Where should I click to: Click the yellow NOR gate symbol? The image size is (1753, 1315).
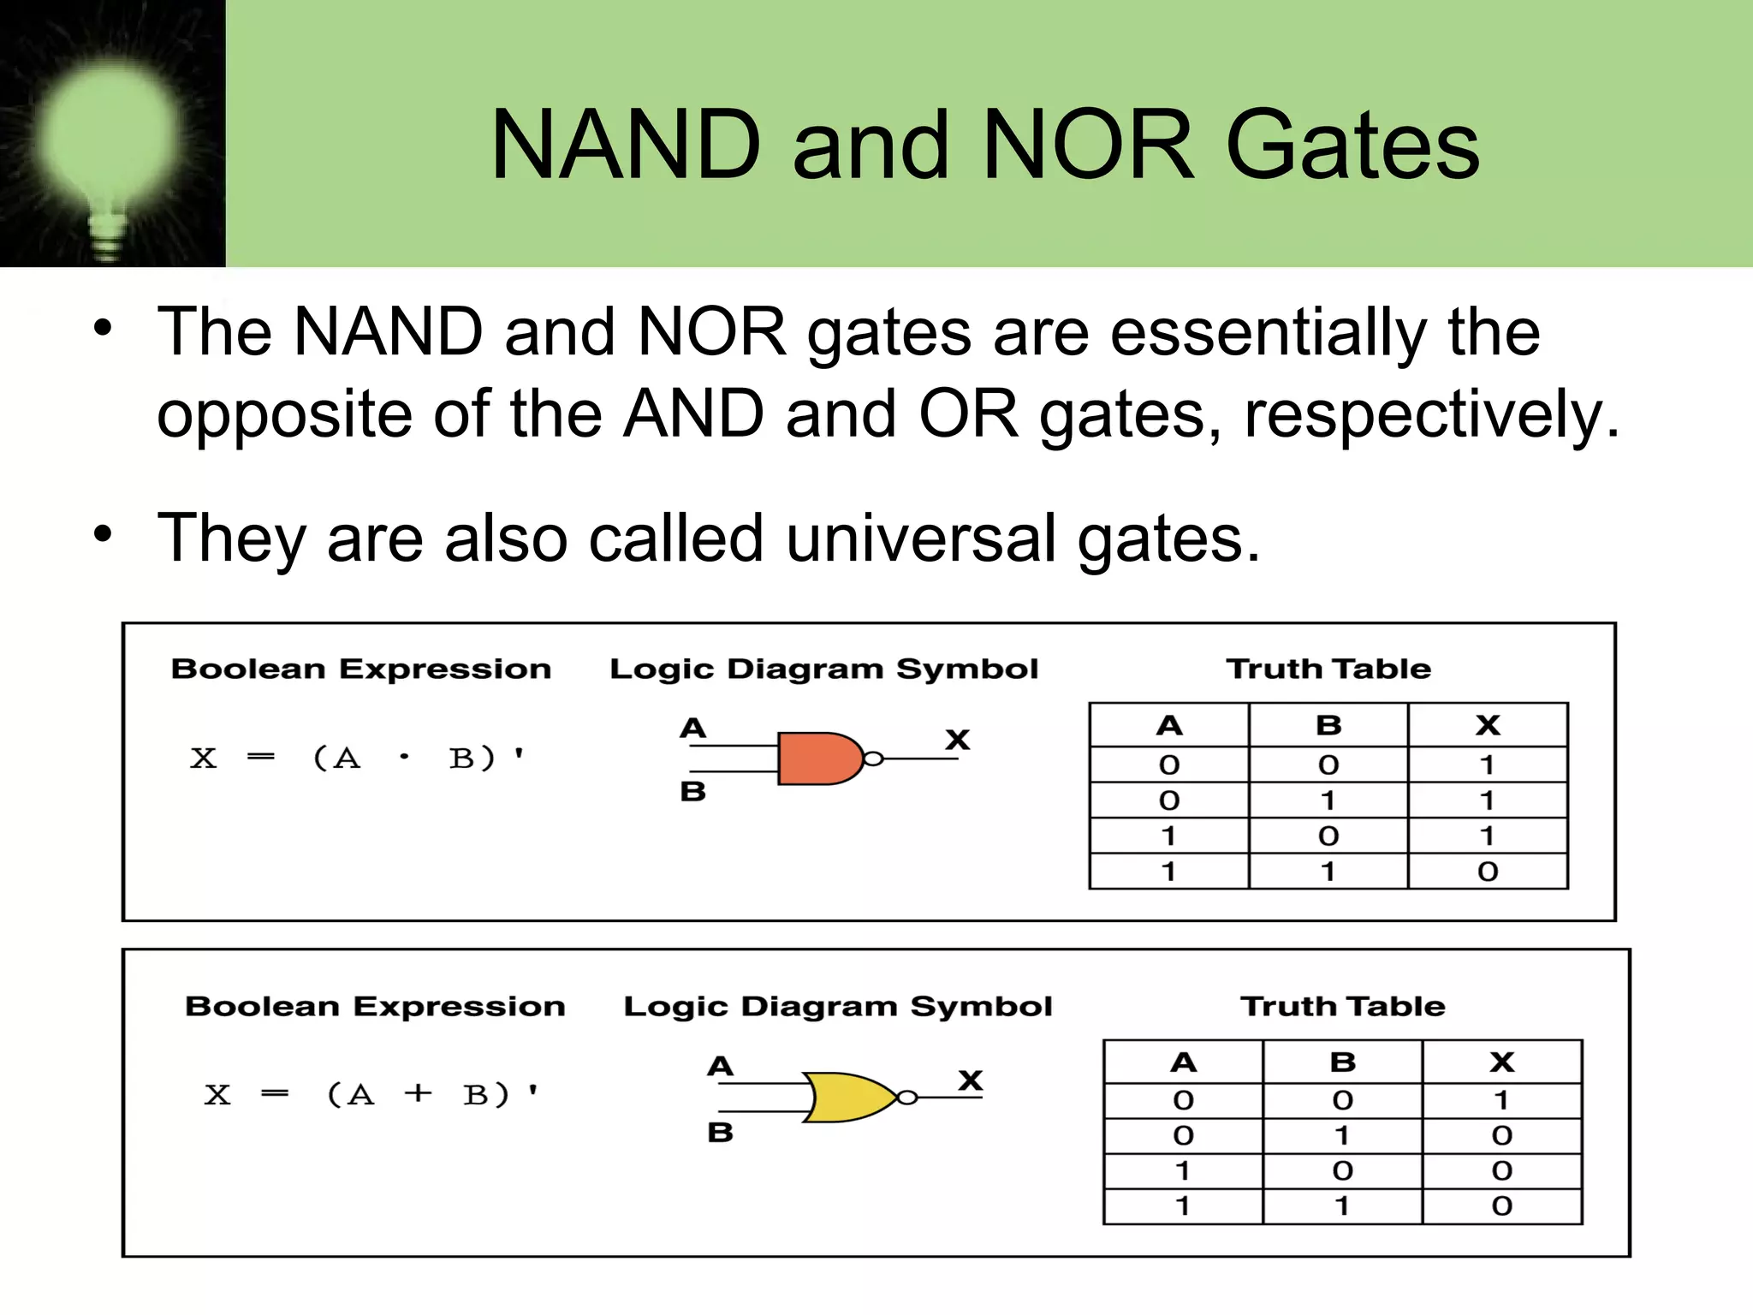(847, 1097)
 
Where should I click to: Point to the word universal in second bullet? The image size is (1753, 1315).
(921, 538)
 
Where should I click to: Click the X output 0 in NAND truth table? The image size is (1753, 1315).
(1488, 872)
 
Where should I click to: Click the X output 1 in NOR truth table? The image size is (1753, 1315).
(1501, 1100)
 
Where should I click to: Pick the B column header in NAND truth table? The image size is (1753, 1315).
(1328, 726)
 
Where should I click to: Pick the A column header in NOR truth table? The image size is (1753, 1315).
(1183, 1062)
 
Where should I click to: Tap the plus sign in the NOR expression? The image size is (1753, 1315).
(418, 1093)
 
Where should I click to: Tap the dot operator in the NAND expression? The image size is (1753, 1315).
(404, 757)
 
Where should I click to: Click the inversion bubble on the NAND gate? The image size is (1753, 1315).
(872, 759)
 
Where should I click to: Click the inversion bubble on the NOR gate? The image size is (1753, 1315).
(907, 1098)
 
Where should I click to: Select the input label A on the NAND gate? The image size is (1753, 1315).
(692, 729)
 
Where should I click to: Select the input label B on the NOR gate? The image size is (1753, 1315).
(720, 1133)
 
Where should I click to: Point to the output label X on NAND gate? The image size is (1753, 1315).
(957, 739)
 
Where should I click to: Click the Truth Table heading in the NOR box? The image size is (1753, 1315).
(1342, 1006)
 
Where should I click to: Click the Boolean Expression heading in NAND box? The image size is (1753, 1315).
(360, 669)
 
